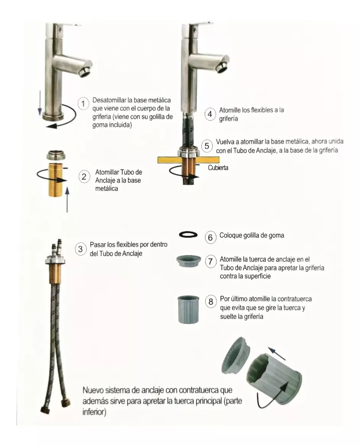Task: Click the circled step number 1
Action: pos(83,103)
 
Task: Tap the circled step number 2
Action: pos(84,177)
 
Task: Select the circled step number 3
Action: pos(81,249)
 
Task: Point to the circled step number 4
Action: pos(210,114)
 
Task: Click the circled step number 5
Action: pos(207,146)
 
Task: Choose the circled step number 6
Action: pos(210,237)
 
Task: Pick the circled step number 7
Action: pos(210,262)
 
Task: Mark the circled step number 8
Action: pos(211,302)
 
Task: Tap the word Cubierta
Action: pos(218,168)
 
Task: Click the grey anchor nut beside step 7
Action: pos(189,262)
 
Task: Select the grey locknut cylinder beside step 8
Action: pos(188,309)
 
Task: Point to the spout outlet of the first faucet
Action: pos(85,71)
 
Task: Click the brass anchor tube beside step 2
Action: pos(56,180)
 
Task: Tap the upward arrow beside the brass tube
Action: pos(67,199)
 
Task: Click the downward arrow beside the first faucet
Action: pos(40,103)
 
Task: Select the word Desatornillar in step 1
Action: pos(110,100)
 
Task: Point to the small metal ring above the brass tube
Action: pos(56,155)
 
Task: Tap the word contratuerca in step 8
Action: pos(294,299)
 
